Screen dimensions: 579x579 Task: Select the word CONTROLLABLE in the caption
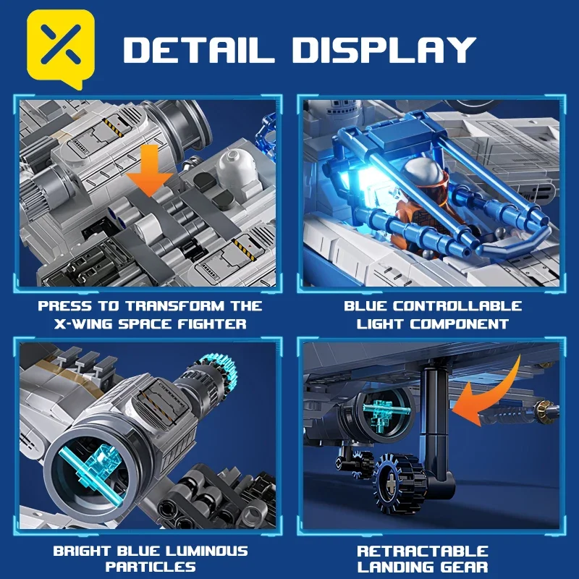(460, 306)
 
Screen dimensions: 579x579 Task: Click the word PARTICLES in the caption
(151, 567)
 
